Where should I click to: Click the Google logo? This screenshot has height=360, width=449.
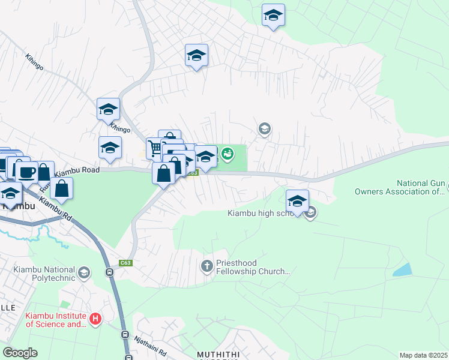pos(20,353)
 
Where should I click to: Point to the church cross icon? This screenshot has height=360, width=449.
pos(207,265)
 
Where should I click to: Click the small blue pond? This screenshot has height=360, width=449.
pos(402,269)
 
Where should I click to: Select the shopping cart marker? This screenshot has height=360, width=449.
pos(156,146)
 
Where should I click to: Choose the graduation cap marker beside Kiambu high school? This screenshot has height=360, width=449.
pos(297,200)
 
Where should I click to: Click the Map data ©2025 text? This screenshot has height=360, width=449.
pos(423,355)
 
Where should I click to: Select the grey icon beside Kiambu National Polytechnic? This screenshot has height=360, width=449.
pos(84,273)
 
